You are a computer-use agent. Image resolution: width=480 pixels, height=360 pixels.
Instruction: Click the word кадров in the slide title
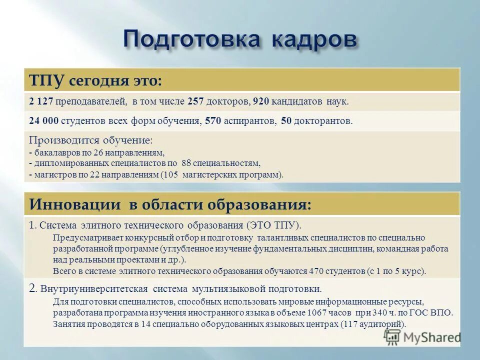click(x=314, y=39)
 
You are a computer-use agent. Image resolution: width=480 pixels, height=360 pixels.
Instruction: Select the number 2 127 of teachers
click(x=41, y=101)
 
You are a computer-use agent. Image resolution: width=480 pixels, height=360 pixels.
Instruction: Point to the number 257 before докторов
click(x=195, y=101)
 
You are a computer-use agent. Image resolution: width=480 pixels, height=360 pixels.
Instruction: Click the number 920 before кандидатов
click(x=261, y=101)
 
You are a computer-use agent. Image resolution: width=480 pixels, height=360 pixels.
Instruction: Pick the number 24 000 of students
click(x=44, y=121)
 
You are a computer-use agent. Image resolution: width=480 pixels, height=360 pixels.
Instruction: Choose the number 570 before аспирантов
click(x=211, y=121)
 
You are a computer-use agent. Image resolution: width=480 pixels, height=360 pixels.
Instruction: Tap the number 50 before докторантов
click(x=286, y=121)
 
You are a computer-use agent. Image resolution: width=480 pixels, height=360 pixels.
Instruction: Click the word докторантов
click(x=323, y=121)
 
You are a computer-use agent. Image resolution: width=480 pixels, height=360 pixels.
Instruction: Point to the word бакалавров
click(x=53, y=152)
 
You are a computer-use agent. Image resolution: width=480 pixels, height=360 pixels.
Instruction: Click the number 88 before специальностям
click(x=201, y=163)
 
